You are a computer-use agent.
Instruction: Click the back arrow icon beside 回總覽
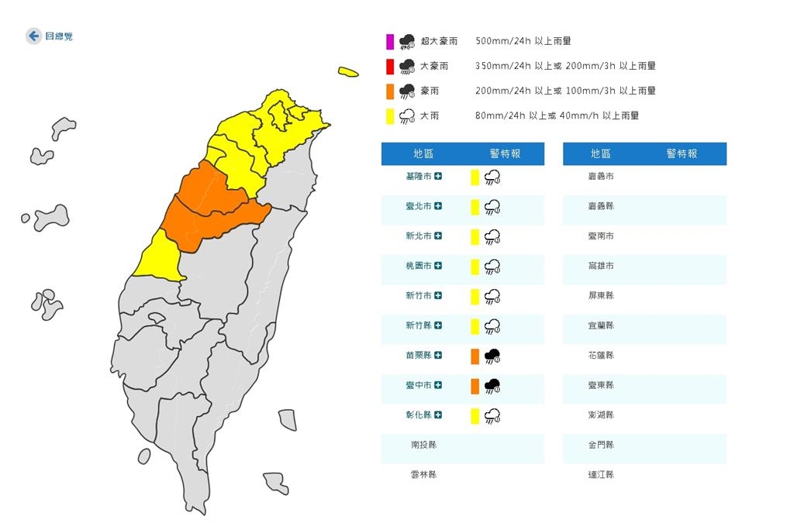(33, 36)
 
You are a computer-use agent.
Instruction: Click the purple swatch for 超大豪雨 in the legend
(390, 41)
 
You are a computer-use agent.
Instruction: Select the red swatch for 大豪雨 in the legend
(390, 66)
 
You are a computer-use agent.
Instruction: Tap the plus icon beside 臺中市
(439, 385)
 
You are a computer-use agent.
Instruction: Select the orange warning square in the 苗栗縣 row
(475, 356)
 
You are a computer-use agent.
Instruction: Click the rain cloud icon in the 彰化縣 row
(492, 416)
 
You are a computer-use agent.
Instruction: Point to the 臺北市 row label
(419, 206)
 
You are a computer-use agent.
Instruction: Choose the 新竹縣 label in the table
(419, 325)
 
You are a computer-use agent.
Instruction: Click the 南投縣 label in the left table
(423, 445)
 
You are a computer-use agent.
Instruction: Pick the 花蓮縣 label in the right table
(601, 356)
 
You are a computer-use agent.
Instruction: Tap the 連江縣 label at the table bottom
(601, 474)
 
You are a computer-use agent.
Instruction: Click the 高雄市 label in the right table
(601, 266)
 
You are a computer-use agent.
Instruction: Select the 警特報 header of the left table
(506, 153)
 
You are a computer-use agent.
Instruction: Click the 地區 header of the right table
(601, 153)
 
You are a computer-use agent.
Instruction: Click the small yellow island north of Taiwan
(348, 73)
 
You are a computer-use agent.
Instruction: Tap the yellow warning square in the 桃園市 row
(475, 267)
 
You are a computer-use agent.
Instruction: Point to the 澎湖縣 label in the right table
(601, 415)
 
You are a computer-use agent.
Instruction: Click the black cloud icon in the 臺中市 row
(492, 386)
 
